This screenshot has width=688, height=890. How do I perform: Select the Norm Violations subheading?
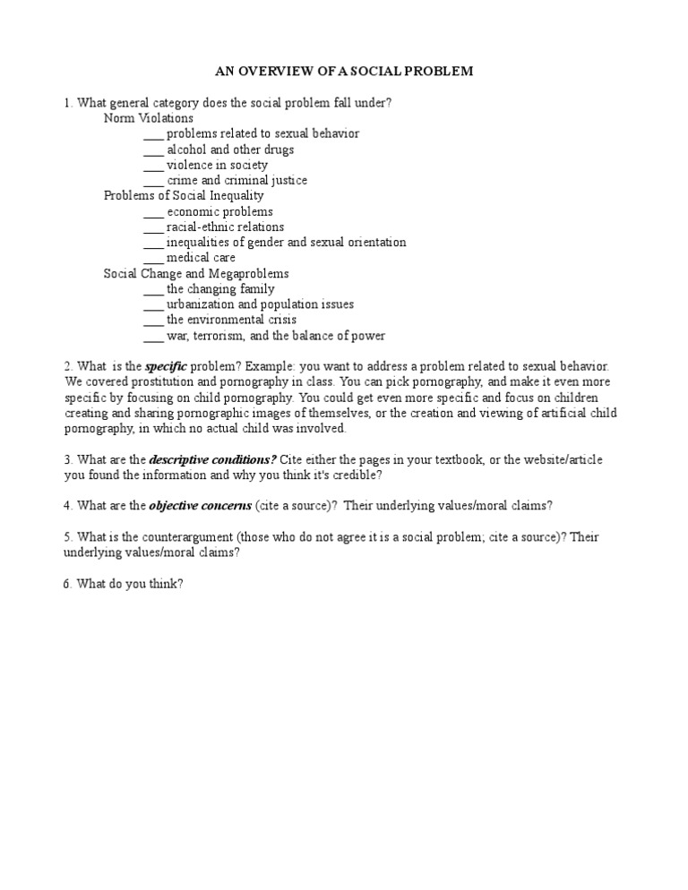pyautogui.click(x=148, y=118)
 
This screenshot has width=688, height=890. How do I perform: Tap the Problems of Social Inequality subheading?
pyautogui.click(x=184, y=195)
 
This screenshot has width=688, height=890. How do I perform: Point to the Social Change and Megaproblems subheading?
pyautogui.click(x=196, y=273)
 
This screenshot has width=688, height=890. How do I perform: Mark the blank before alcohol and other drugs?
pyautogui.click(x=153, y=150)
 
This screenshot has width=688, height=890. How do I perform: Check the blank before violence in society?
pyautogui.click(x=153, y=165)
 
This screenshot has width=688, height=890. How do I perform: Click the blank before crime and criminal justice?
pyautogui.click(x=153, y=180)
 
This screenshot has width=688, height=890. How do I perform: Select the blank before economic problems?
pyautogui.click(x=153, y=211)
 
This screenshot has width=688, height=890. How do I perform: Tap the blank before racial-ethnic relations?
pyautogui.click(x=153, y=227)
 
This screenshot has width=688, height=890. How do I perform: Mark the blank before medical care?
pyautogui.click(x=153, y=258)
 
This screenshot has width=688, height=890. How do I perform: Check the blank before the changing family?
pyautogui.click(x=153, y=289)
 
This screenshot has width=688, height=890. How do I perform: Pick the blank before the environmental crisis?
pyautogui.click(x=153, y=320)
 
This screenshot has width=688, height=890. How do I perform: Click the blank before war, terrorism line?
pyautogui.click(x=153, y=336)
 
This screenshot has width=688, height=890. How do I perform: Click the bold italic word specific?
pyautogui.click(x=166, y=367)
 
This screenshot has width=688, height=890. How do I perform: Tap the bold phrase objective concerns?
pyautogui.click(x=200, y=506)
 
